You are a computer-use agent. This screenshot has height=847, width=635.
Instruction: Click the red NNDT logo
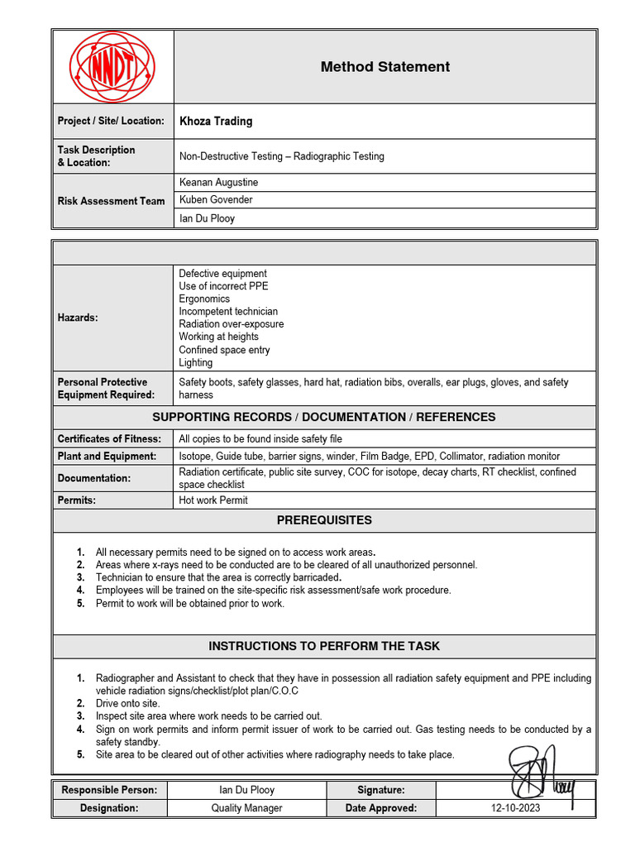tap(112, 67)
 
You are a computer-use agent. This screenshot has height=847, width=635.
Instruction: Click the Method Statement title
tap(384, 67)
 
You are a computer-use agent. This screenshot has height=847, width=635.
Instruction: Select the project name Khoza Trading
tap(216, 121)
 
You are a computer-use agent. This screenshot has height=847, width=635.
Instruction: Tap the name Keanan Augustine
tap(218, 181)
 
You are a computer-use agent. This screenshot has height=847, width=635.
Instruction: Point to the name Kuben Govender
tap(216, 199)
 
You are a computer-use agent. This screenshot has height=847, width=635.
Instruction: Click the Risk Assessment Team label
tap(111, 201)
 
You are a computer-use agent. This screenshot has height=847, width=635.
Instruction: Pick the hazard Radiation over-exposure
tap(231, 324)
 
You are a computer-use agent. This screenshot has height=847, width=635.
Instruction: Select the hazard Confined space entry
tap(224, 350)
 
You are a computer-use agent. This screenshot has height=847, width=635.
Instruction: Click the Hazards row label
tap(78, 318)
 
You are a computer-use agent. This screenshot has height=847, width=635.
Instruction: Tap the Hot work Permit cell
tap(212, 500)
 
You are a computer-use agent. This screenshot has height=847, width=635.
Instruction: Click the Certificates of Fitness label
tap(109, 438)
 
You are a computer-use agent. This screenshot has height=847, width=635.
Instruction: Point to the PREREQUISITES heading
tap(324, 520)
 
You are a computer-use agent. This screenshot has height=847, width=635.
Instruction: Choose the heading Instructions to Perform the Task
tap(324, 646)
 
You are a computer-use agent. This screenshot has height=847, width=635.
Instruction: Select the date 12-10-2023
tap(515, 808)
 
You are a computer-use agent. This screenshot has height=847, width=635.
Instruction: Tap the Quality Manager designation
tap(246, 808)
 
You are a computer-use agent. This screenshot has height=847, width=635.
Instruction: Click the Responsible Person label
tap(109, 790)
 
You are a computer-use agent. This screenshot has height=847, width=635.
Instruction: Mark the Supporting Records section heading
tap(324, 417)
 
